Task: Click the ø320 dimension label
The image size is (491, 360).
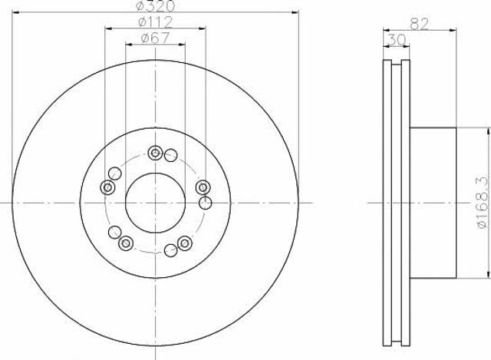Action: point(156,5)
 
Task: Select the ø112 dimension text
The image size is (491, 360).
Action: point(155,21)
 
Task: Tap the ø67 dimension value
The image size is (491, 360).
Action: point(155,38)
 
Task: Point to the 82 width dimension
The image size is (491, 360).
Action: point(419,24)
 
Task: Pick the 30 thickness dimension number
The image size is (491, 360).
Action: point(397,40)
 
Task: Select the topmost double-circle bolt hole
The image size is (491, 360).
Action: point(155,154)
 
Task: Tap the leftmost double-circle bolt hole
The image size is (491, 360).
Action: point(107,188)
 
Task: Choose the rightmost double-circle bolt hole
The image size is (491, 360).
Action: point(203,188)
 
